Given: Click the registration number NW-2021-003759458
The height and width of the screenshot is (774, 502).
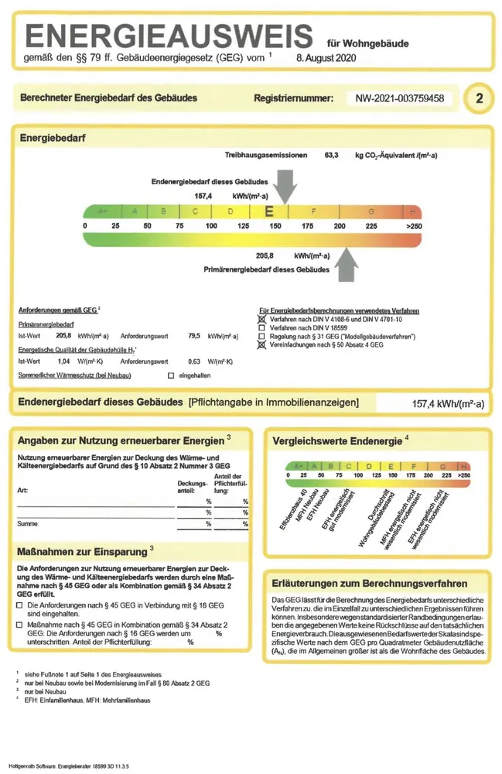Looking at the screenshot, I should (399, 98).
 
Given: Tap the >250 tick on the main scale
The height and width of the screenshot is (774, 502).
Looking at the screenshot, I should (415, 225).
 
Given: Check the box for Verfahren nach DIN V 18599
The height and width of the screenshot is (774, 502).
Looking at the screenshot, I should (262, 328).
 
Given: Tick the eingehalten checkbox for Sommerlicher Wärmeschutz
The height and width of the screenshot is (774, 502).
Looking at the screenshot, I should (170, 375).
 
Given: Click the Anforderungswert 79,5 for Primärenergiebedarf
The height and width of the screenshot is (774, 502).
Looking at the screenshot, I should (193, 337).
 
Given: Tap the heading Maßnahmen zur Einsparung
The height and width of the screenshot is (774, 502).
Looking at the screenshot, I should (82, 552).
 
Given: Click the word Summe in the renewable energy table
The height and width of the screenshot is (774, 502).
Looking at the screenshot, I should (29, 524).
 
